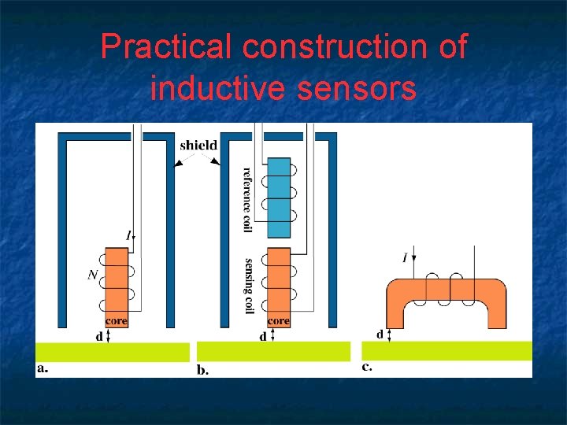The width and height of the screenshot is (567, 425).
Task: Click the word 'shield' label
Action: pos(198,145)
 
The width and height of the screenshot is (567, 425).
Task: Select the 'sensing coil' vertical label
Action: pos(248,286)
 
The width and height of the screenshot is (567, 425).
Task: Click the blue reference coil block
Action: pos(279,198)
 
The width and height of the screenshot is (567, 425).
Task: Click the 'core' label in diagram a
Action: pos(116,321)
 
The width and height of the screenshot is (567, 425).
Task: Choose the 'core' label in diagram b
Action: pos(279,321)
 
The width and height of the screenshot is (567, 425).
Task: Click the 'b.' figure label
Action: pos(202,370)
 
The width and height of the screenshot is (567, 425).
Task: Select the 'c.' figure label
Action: pos(367,367)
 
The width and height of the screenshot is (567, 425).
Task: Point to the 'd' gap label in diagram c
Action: pos(380,334)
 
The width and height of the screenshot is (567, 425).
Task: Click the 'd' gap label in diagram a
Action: pos(99,336)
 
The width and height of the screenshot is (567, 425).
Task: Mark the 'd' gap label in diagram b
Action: pos(262,336)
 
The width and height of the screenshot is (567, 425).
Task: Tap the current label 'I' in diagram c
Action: pos(405,257)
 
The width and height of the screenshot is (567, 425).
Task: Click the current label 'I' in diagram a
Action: pos(128,235)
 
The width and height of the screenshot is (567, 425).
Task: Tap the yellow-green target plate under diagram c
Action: pos(447,350)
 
